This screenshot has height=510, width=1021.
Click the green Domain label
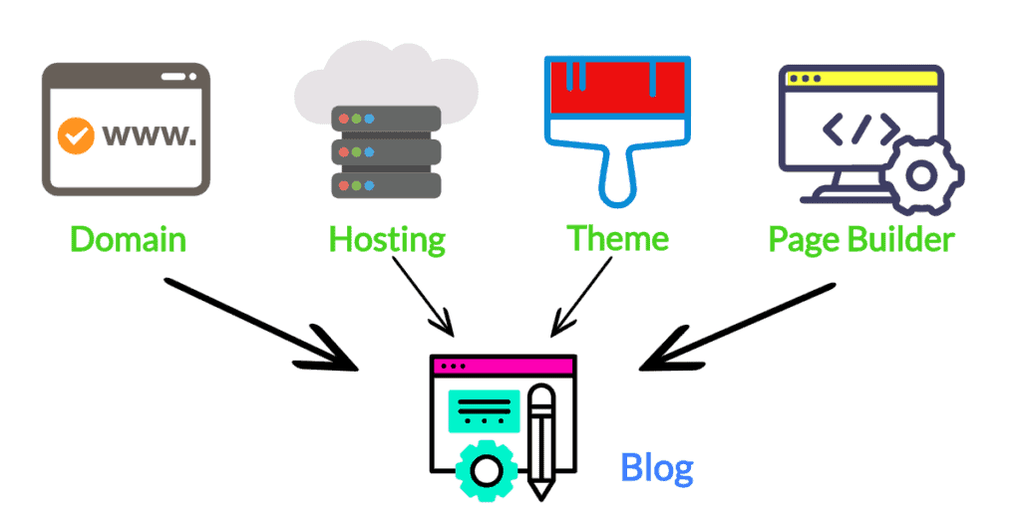[x=128, y=240]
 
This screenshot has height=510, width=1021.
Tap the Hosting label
[x=387, y=240]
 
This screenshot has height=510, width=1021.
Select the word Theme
[x=617, y=238]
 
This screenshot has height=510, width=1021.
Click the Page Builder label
[x=861, y=240]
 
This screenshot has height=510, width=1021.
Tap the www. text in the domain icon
[x=149, y=134]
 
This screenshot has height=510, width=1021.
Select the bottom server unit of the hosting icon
[x=387, y=185]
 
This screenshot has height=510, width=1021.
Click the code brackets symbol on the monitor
[x=858, y=128]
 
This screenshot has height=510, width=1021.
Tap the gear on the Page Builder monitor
[x=920, y=176]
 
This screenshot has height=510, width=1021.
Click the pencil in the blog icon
[x=541, y=438]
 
